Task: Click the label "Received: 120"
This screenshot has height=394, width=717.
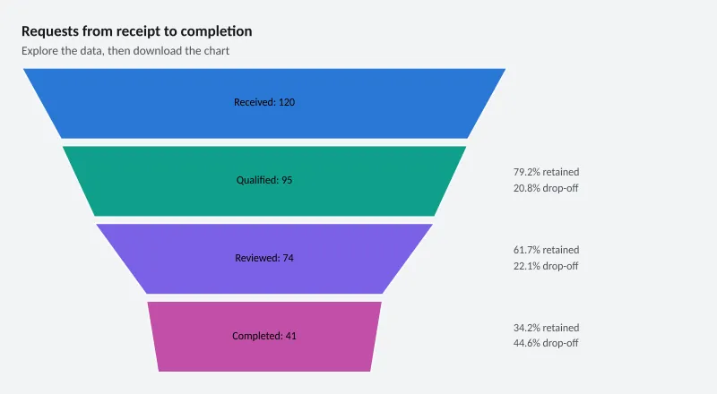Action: pos(264,102)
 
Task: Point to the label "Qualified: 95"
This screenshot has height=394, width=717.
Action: pos(264,180)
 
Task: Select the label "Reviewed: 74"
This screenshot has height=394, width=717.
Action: pos(264,258)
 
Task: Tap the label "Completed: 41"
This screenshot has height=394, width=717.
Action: pos(264,336)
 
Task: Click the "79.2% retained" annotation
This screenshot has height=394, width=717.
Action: pos(546,172)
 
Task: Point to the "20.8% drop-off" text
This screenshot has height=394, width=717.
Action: pos(546,188)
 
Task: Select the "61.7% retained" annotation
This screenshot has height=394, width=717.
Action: pos(546,250)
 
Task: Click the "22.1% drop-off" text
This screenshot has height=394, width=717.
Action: pos(546,266)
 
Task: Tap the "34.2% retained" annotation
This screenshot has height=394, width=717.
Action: pos(546,328)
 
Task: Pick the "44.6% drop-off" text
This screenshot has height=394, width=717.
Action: pos(546,343)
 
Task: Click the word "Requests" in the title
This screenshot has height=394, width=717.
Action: pos(50,31)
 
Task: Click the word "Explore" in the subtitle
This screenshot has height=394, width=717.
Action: pos(39,51)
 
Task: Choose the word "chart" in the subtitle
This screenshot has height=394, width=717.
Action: pos(217,51)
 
